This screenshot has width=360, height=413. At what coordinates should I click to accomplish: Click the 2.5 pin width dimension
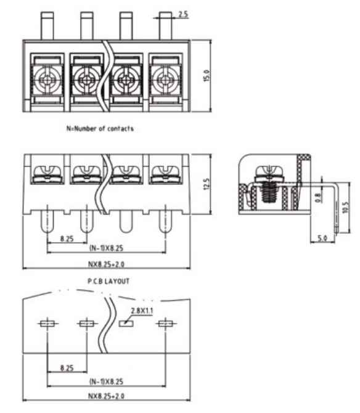pos(183,14)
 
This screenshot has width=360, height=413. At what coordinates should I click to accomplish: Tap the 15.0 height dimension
pos(207,76)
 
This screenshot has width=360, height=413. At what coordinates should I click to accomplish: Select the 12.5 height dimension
pos(207,184)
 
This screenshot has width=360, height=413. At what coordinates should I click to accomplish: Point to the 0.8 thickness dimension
pos(318,198)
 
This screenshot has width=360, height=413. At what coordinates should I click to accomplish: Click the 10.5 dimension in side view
pos(346,207)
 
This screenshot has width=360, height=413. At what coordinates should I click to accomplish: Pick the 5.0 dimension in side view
pos(322,238)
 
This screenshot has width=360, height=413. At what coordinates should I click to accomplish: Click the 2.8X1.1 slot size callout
pos(142,311)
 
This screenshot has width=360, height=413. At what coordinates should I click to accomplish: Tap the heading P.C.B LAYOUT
pos(108,281)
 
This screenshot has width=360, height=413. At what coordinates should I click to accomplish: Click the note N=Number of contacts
pos(100,129)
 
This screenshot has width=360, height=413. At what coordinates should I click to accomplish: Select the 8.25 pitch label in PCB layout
pos(67,368)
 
